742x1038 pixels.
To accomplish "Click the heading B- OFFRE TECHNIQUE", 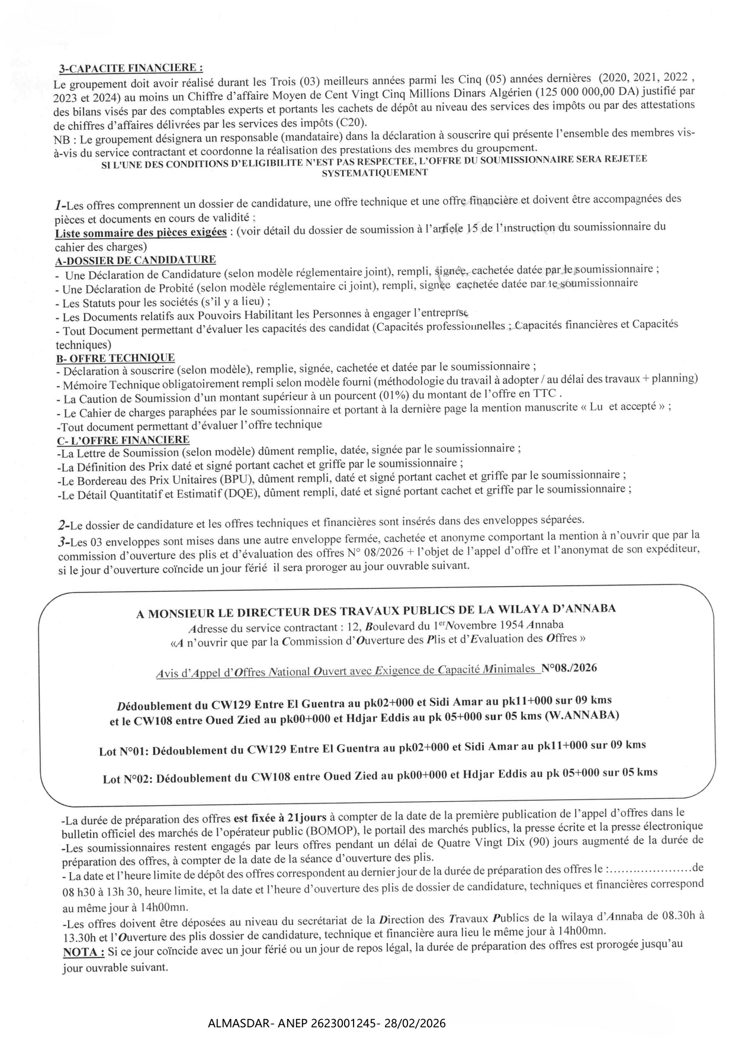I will (115, 358).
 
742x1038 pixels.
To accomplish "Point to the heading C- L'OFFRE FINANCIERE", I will (123, 440).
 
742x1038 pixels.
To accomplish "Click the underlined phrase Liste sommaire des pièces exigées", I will (140, 232).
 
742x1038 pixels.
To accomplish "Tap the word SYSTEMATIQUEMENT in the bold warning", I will (374, 173).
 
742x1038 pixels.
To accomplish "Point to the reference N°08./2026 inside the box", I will (569, 668).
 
